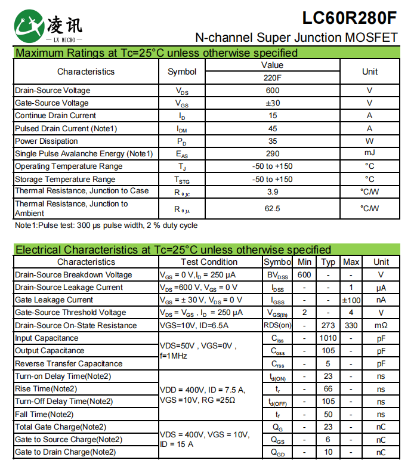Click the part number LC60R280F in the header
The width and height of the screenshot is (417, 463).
pyautogui.click(x=349, y=17)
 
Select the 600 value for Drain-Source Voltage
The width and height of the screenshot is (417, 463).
pyautogui.click(x=273, y=91)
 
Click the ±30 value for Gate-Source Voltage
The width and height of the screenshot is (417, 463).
pyautogui.click(x=273, y=103)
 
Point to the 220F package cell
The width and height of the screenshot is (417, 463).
pyautogui.click(x=273, y=78)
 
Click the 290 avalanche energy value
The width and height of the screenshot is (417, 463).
pyautogui.click(x=273, y=154)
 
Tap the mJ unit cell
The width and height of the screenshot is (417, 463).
pyautogui.click(x=369, y=154)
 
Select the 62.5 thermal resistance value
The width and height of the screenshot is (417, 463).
pyautogui.click(x=273, y=208)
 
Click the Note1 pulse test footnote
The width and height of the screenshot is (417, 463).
pyautogui.click(x=106, y=226)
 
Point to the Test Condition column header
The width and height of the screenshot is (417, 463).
pyautogui.click(x=209, y=262)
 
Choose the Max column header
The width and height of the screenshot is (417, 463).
pyautogui.click(x=351, y=262)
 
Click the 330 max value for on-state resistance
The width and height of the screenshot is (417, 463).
pyautogui.click(x=351, y=325)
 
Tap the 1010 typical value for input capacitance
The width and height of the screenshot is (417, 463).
pyautogui.click(x=328, y=338)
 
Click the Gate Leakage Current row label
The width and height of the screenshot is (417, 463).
pyautogui.click(x=54, y=300)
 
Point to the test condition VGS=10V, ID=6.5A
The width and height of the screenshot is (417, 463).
pyautogui.click(x=194, y=325)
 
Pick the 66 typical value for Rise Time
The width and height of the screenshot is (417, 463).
pyautogui.click(x=328, y=389)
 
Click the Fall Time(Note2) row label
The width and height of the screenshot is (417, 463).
pyautogui.click(x=44, y=414)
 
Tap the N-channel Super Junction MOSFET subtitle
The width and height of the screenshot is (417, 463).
pyautogui.click(x=296, y=38)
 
